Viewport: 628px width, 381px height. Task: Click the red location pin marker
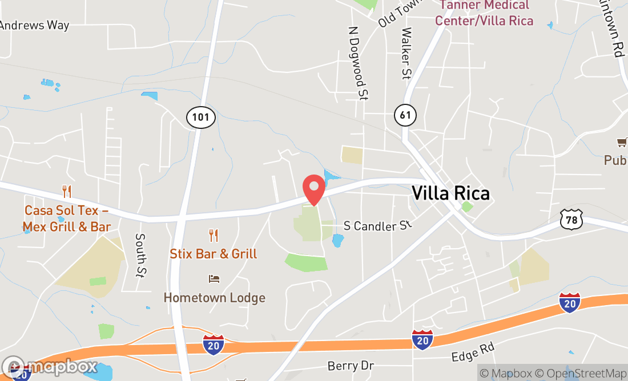[313, 188]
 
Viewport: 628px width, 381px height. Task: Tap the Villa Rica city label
[451, 193]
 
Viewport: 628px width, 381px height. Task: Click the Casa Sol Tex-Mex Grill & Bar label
[67, 218]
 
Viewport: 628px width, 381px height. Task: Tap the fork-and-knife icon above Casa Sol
[67, 191]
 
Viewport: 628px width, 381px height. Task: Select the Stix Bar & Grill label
[214, 254]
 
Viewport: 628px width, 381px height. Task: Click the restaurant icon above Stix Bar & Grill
[214, 235]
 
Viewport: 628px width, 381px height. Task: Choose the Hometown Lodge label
[215, 298]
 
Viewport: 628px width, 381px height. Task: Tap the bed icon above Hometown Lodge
[214, 279]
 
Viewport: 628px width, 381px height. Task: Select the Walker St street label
[406, 54]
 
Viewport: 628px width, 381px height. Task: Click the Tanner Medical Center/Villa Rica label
[484, 13]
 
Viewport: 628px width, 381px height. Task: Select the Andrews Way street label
[34, 25]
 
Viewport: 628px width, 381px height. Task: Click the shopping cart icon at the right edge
[621, 142]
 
